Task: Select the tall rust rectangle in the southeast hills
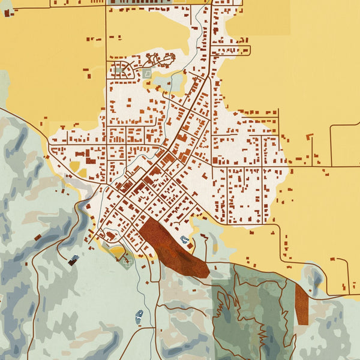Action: click(x=301, y=304)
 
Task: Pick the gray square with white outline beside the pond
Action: click(x=147, y=74)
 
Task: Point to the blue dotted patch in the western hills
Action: click(x=73, y=260)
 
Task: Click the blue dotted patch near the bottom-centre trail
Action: click(x=139, y=316)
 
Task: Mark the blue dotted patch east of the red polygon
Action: click(x=185, y=240)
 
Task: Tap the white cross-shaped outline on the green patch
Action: click(x=126, y=260)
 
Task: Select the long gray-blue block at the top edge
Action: click(x=144, y=2)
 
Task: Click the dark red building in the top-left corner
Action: click(x=7, y=13)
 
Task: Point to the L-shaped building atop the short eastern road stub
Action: click(x=310, y=137)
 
